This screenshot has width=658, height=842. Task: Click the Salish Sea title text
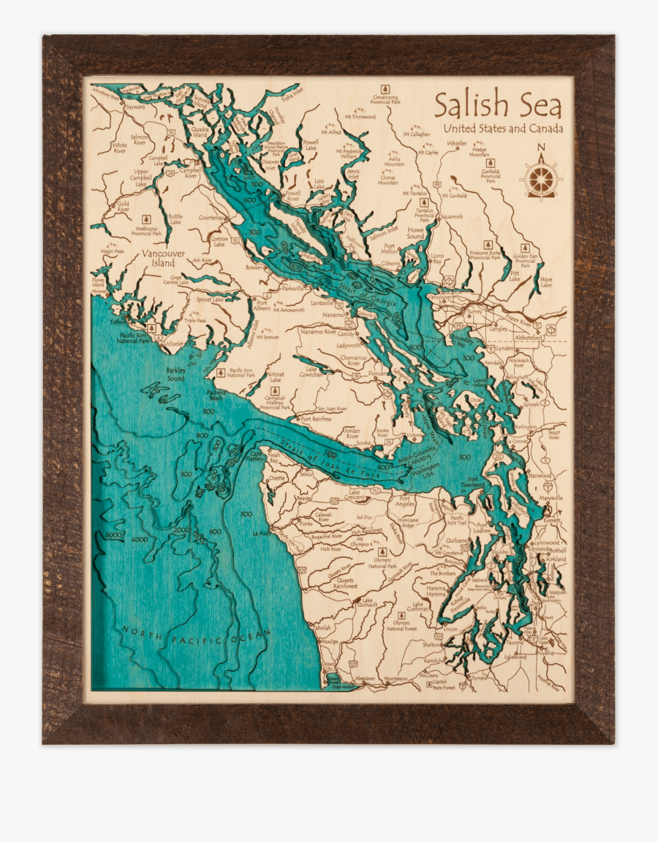pyautogui.click(x=498, y=105)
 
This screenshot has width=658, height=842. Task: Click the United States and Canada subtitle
pyautogui.click(x=504, y=129)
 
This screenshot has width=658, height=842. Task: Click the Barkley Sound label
pyautogui.click(x=176, y=375)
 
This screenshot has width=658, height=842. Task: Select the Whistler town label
pyautogui.click(x=456, y=144)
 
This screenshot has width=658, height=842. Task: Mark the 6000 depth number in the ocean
pyautogui.click(x=113, y=535)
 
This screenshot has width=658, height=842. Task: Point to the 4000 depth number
pyautogui.click(x=138, y=540)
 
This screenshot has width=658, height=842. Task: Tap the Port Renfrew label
pyautogui.click(x=315, y=419)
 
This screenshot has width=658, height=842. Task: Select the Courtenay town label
pyautogui.click(x=211, y=218)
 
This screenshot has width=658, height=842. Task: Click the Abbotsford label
pyautogui.click(x=528, y=337)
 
